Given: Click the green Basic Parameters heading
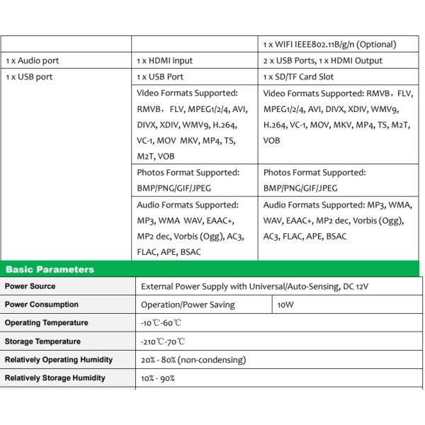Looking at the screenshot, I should click(50, 269).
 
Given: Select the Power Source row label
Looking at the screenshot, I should click(30, 286).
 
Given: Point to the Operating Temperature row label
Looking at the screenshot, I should click(47, 323).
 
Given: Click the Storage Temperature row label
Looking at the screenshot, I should click(42, 341).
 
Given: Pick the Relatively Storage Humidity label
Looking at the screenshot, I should click(55, 378).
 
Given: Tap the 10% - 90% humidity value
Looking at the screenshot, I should click(158, 378).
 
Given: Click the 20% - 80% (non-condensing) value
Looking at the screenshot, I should click(193, 360).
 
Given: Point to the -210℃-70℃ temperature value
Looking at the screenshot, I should click(162, 341).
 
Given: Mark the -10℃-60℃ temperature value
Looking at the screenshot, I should click(161, 323).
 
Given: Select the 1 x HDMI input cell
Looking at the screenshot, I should click(164, 61).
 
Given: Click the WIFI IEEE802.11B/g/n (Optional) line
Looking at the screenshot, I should click(329, 45).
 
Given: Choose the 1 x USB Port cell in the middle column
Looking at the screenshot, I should click(160, 77).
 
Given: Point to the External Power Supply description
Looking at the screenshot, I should click(255, 286).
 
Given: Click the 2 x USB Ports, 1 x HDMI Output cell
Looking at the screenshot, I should click(322, 61).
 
